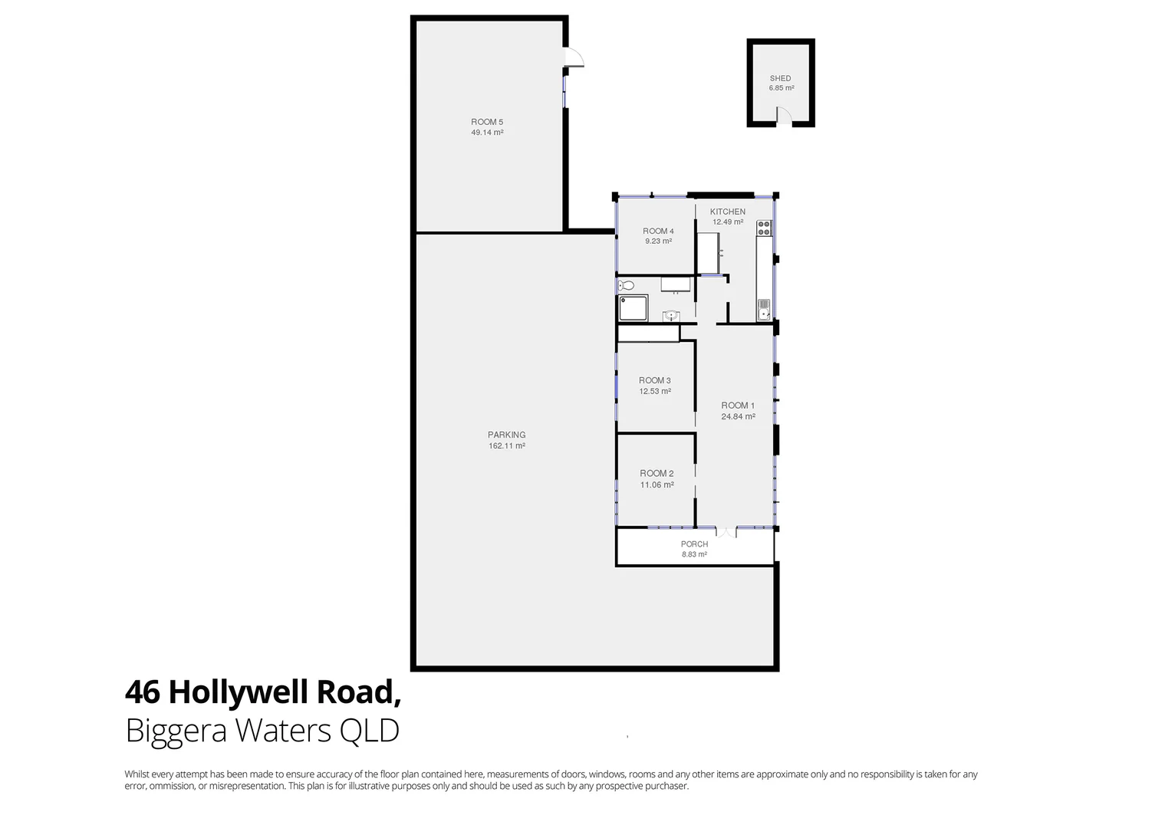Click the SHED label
[x=780, y=78]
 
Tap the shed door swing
[x=783, y=115]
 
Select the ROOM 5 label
[x=487, y=122]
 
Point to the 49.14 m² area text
[x=487, y=133]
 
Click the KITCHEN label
[x=727, y=212]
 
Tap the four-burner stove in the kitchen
[x=764, y=228]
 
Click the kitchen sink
[x=764, y=310]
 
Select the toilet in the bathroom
[x=627, y=286]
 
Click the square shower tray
[x=634, y=308]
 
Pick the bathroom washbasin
[x=671, y=315]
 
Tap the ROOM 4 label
[x=658, y=231]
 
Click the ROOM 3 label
[x=655, y=380]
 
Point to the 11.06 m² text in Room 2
[x=657, y=485]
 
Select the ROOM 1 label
[x=738, y=406]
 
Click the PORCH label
[x=694, y=544]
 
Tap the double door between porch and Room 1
[x=726, y=531]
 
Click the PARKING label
[x=507, y=435]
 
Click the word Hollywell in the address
[x=238, y=692]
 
